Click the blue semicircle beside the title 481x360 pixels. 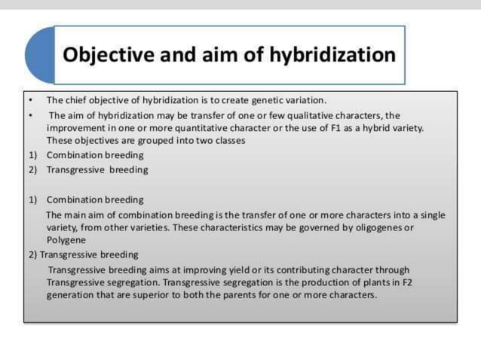[39, 55]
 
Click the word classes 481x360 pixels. [231, 140]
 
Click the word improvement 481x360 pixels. [75, 127]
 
